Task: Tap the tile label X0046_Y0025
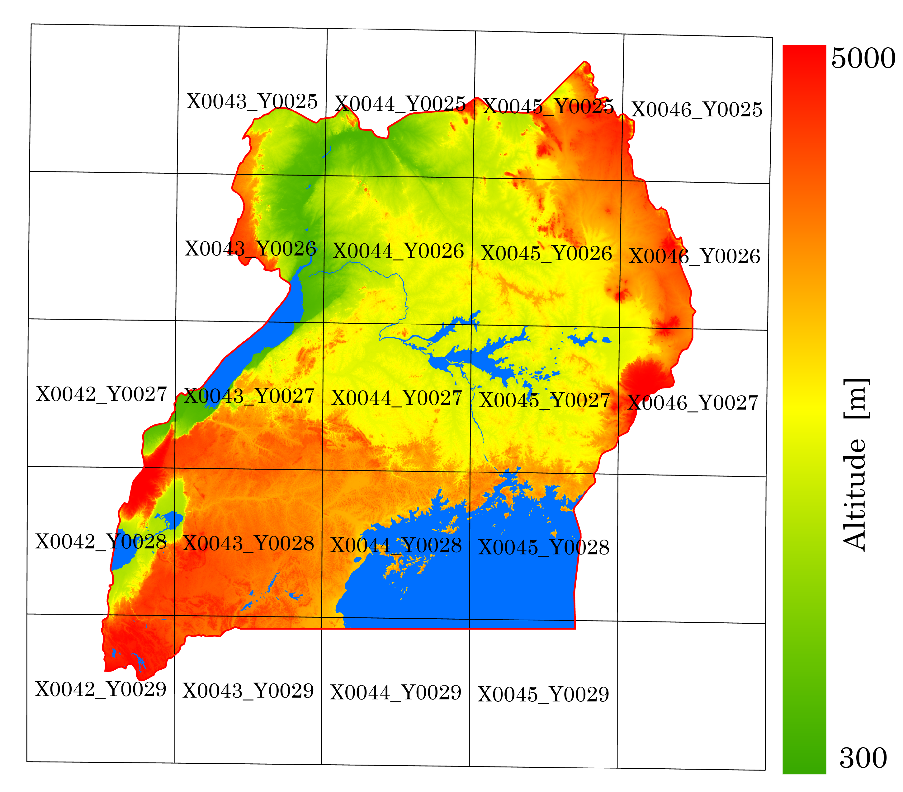pos(697,110)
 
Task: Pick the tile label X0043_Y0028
pos(248,543)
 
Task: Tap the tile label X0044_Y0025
pos(400,105)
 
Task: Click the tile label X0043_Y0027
pos(249,396)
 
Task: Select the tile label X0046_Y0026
pos(694,256)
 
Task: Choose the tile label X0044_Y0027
pos(396,398)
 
